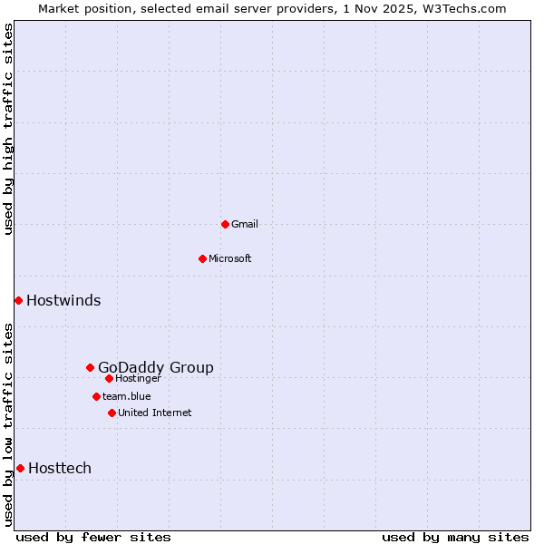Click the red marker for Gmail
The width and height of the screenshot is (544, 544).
pos(225,224)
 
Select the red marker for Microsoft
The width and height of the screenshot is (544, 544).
pos(202,258)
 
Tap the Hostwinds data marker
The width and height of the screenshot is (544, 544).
pos(18,300)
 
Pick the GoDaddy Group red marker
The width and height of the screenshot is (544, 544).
pos(90,367)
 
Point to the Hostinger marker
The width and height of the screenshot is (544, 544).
pos(109,378)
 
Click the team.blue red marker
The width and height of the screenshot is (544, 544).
pos(96,396)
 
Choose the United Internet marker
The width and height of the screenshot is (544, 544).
pos(112,413)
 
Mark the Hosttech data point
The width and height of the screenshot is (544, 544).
pos(20,468)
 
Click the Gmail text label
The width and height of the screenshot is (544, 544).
pos(245,224)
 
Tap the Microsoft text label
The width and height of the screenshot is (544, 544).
pos(230,258)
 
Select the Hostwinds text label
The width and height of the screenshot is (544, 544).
pos(63,300)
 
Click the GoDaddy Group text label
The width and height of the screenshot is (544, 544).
pos(156,367)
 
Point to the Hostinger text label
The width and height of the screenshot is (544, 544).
pos(139,378)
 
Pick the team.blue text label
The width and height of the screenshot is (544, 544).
pos(127,396)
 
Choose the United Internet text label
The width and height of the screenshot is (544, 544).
pos(155,413)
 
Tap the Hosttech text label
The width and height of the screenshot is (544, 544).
pos(60,468)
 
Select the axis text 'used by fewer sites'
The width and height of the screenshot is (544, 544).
pos(93,537)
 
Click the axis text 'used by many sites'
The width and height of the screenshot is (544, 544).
pos(455,537)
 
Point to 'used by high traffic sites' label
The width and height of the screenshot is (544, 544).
pos(9,129)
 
